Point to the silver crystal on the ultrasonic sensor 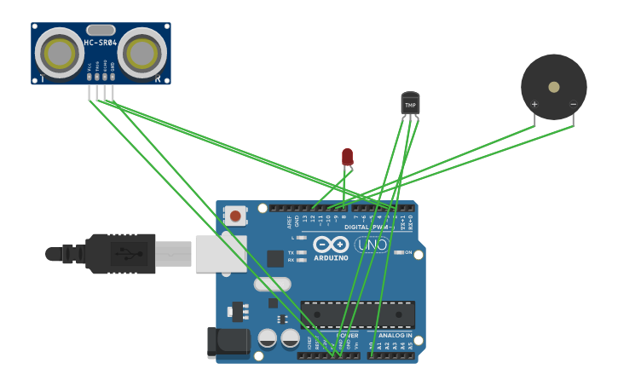coord(101,30)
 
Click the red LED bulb coord(347,156)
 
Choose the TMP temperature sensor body coord(410,104)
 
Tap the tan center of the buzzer coord(554,87)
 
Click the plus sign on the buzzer coord(534,105)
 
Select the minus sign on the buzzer coord(573,105)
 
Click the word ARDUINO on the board coord(331,257)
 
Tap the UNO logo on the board coord(373,245)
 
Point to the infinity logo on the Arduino coord(330,245)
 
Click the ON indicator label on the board coord(408,252)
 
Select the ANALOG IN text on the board coord(395,336)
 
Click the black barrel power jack coord(228,342)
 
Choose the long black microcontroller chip coord(357,314)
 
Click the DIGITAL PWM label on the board coord(368,227)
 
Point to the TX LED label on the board coord(291,253)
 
